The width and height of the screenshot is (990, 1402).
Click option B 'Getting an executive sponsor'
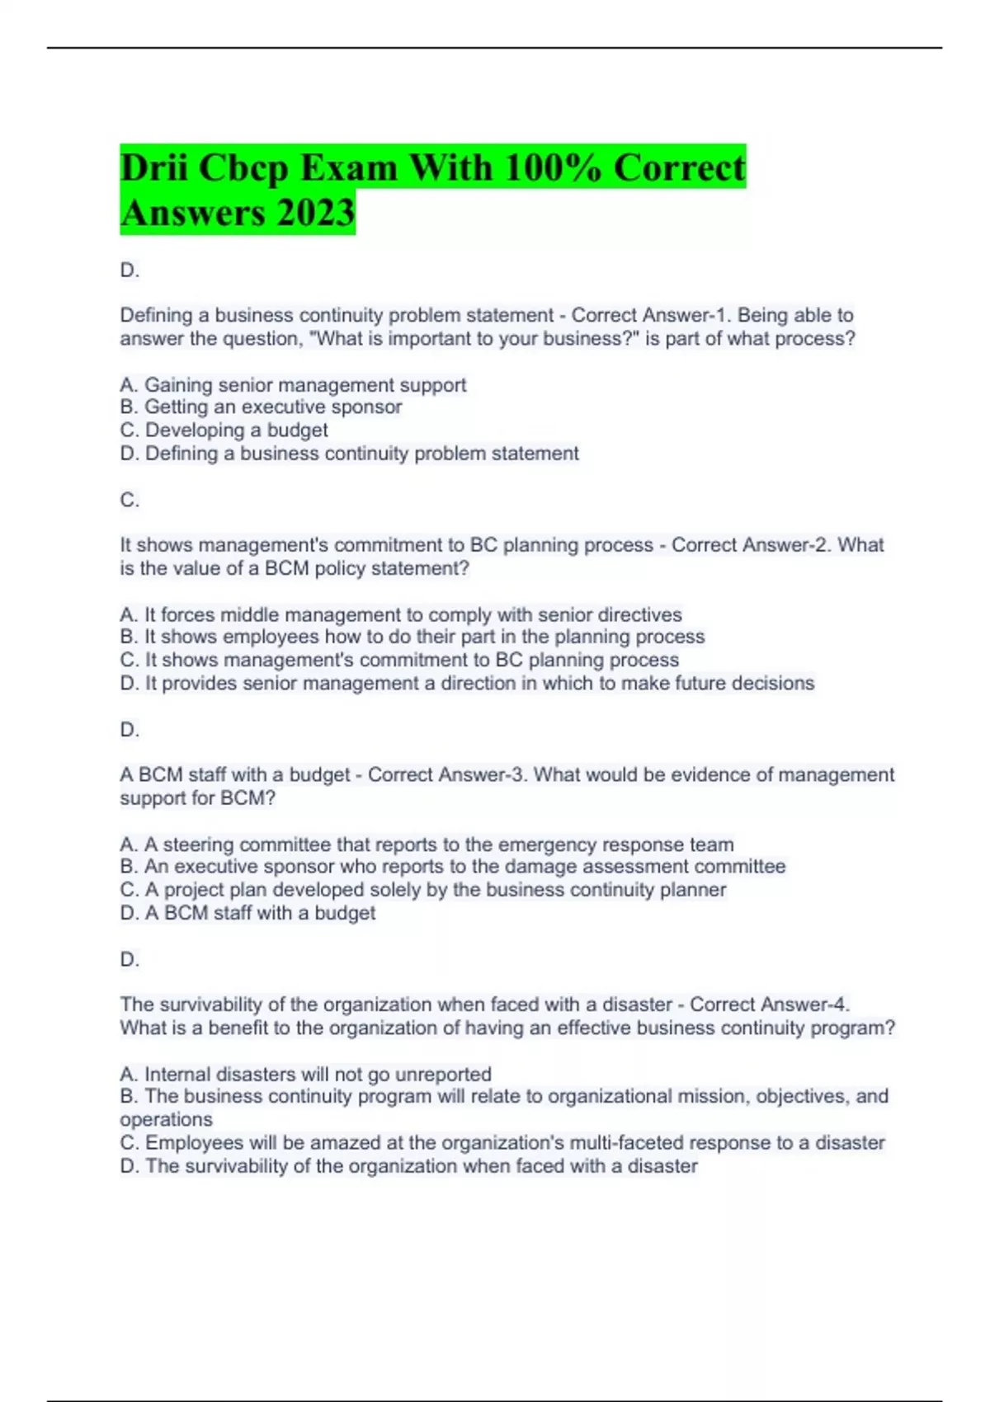261,407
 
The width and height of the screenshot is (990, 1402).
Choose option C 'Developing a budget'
224,430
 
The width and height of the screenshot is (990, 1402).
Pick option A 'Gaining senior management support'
293,385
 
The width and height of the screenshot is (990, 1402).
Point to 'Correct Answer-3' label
446,775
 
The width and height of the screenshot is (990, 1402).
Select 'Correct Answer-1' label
650,316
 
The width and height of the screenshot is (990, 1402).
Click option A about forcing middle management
401,615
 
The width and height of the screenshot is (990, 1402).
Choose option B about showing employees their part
412,637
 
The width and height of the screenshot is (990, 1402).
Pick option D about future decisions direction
467,684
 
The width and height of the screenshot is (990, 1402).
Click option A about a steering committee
427,845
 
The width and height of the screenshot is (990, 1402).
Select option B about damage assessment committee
452,867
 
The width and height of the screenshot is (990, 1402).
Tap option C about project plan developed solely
422,890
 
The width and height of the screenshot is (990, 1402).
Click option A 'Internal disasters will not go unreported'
305,1075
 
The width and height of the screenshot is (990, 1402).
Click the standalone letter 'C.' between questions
130,501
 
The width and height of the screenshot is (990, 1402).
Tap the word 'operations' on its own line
166,1120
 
